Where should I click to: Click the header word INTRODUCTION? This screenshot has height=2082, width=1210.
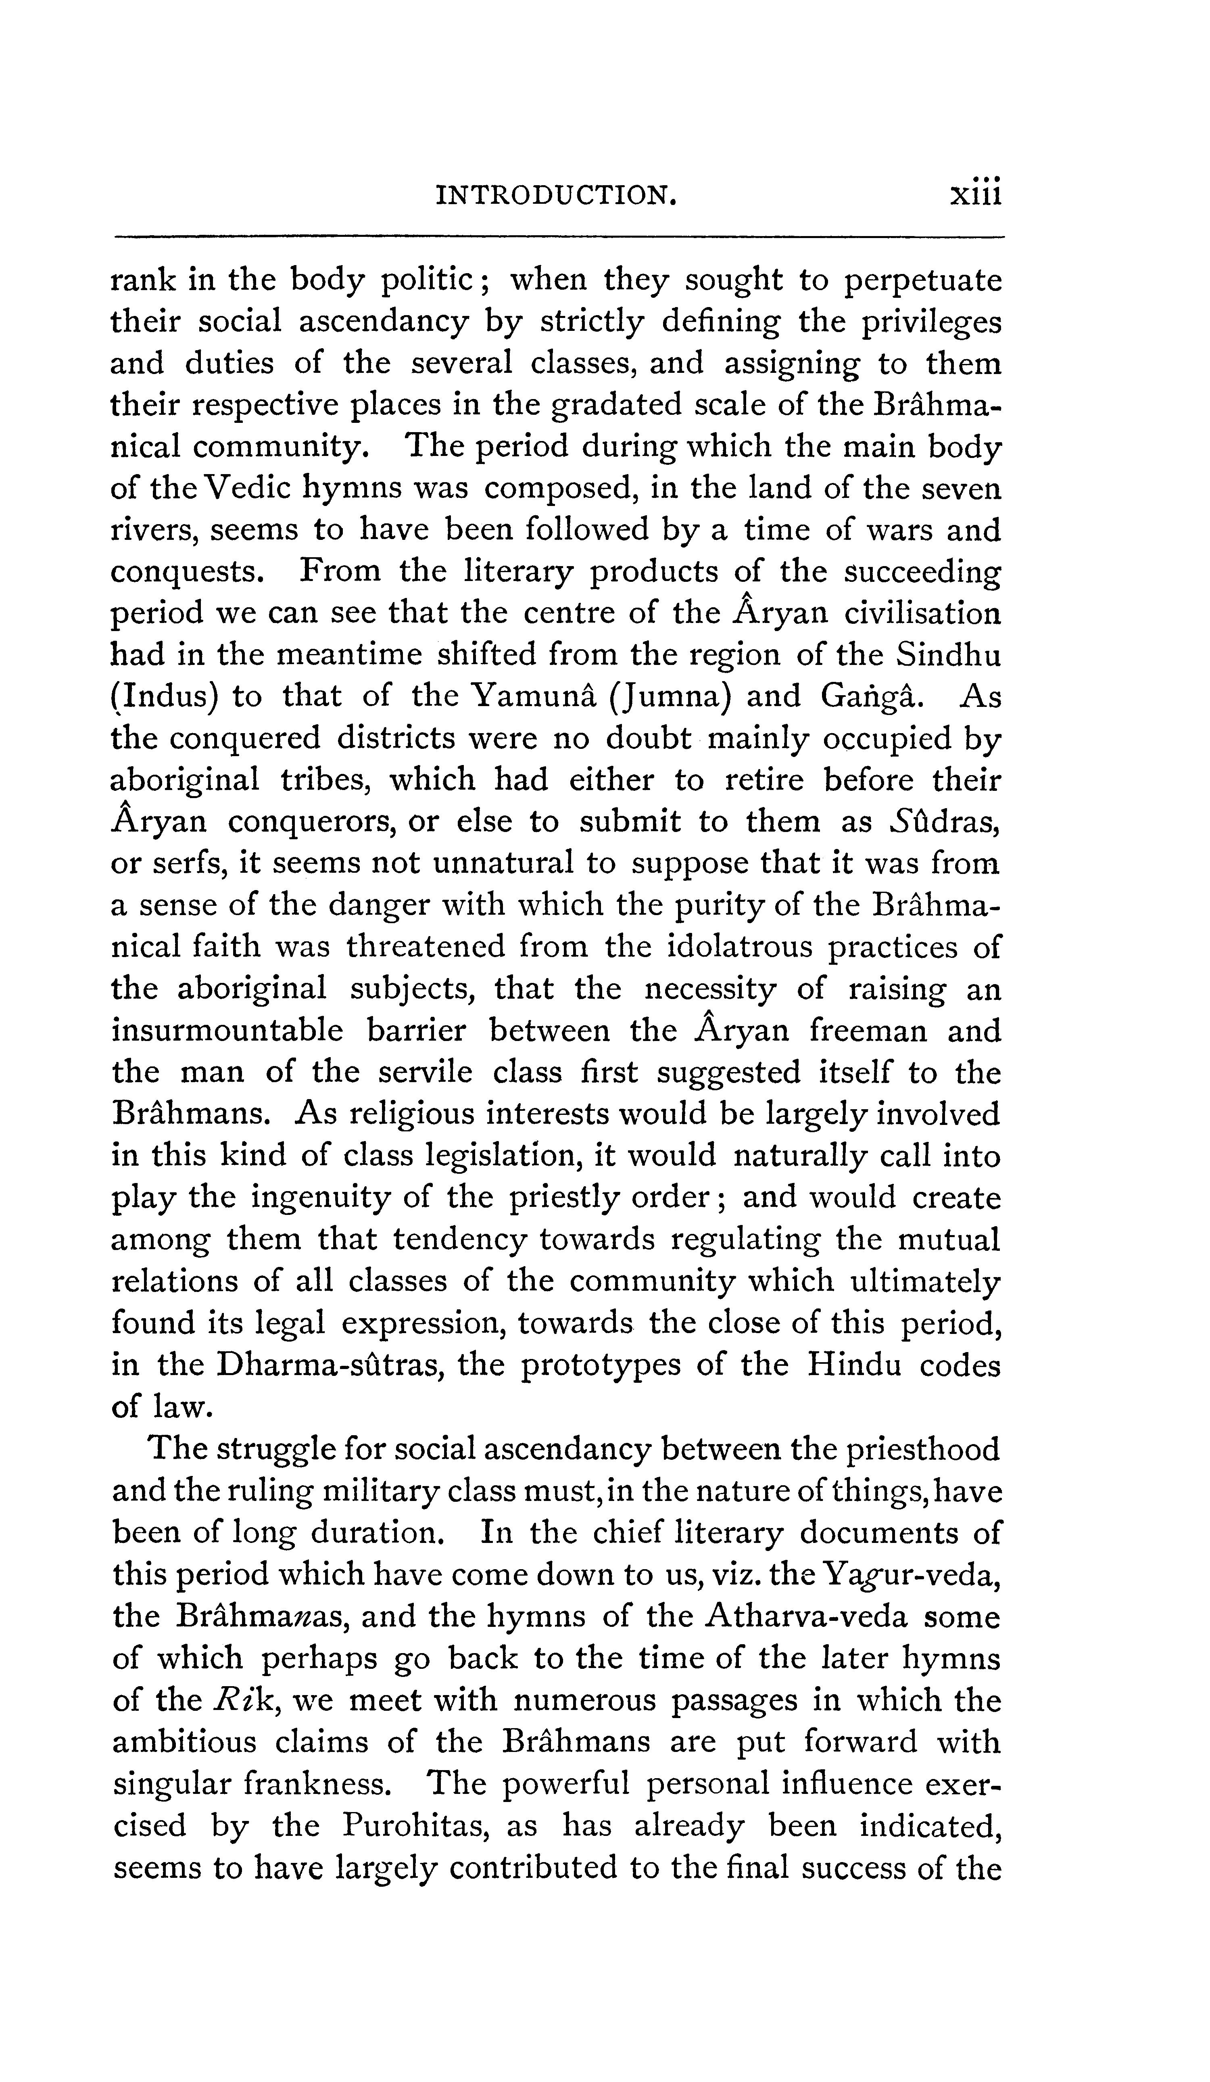click(x=555, y=195)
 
